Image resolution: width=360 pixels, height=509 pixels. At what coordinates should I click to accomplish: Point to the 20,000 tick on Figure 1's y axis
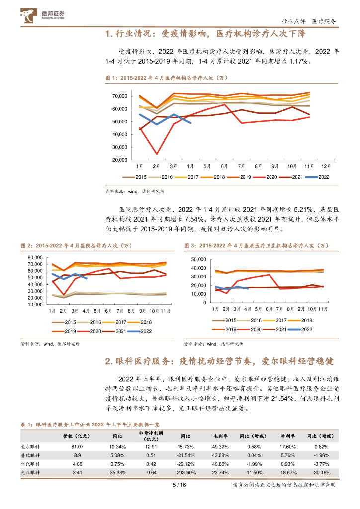[x=120, y=160]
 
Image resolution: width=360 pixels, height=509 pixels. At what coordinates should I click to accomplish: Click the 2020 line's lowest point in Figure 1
[x=157, y=154]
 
